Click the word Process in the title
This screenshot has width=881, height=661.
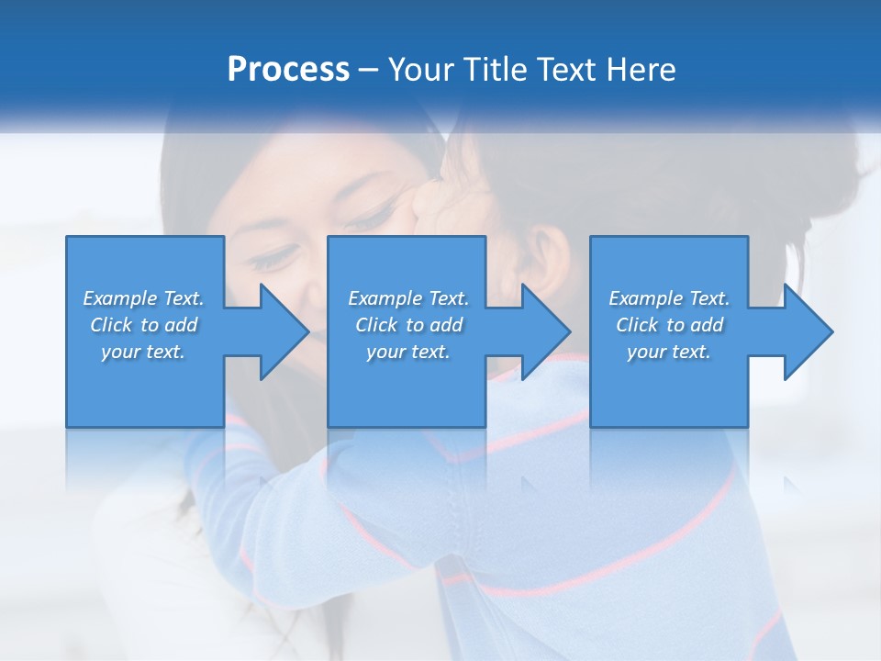click(288, 70)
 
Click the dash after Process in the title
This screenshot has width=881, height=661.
click(369, 71)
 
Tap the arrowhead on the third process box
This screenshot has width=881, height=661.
click(807, 331)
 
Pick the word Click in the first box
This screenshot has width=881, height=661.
click(111, 325)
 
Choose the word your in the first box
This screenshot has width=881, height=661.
click(120, 352)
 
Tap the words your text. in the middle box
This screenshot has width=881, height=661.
click(408, 352)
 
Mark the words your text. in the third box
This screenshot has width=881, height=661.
click(669, 352)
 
